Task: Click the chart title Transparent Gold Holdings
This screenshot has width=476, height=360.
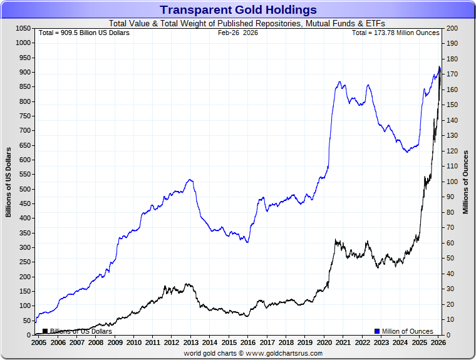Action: point(238,10)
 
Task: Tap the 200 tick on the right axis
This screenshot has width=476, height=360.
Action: point(452,29)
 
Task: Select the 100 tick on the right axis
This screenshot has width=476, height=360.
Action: point(452,182)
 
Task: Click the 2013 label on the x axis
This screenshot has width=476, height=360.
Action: point(190,343)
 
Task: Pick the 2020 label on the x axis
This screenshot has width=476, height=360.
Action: point(324,343)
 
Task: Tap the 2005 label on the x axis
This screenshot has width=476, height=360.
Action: point(38,343)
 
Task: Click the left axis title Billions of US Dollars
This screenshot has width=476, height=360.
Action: point(9,182)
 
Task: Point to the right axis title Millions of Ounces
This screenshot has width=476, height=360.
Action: point(466,182)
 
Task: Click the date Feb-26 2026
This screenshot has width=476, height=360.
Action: point(237,33)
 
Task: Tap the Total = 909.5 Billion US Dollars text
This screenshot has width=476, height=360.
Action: point(84,33)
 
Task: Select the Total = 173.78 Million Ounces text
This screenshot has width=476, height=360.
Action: point(395,33)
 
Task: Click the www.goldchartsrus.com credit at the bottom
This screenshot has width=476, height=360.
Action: point(253,353)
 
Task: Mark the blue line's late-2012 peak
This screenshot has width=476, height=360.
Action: point(190,180)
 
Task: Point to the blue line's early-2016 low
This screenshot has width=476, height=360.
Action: point(247,242)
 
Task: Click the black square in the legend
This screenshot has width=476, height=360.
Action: point(45,331)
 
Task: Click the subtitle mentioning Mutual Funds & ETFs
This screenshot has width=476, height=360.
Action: point(238,23)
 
